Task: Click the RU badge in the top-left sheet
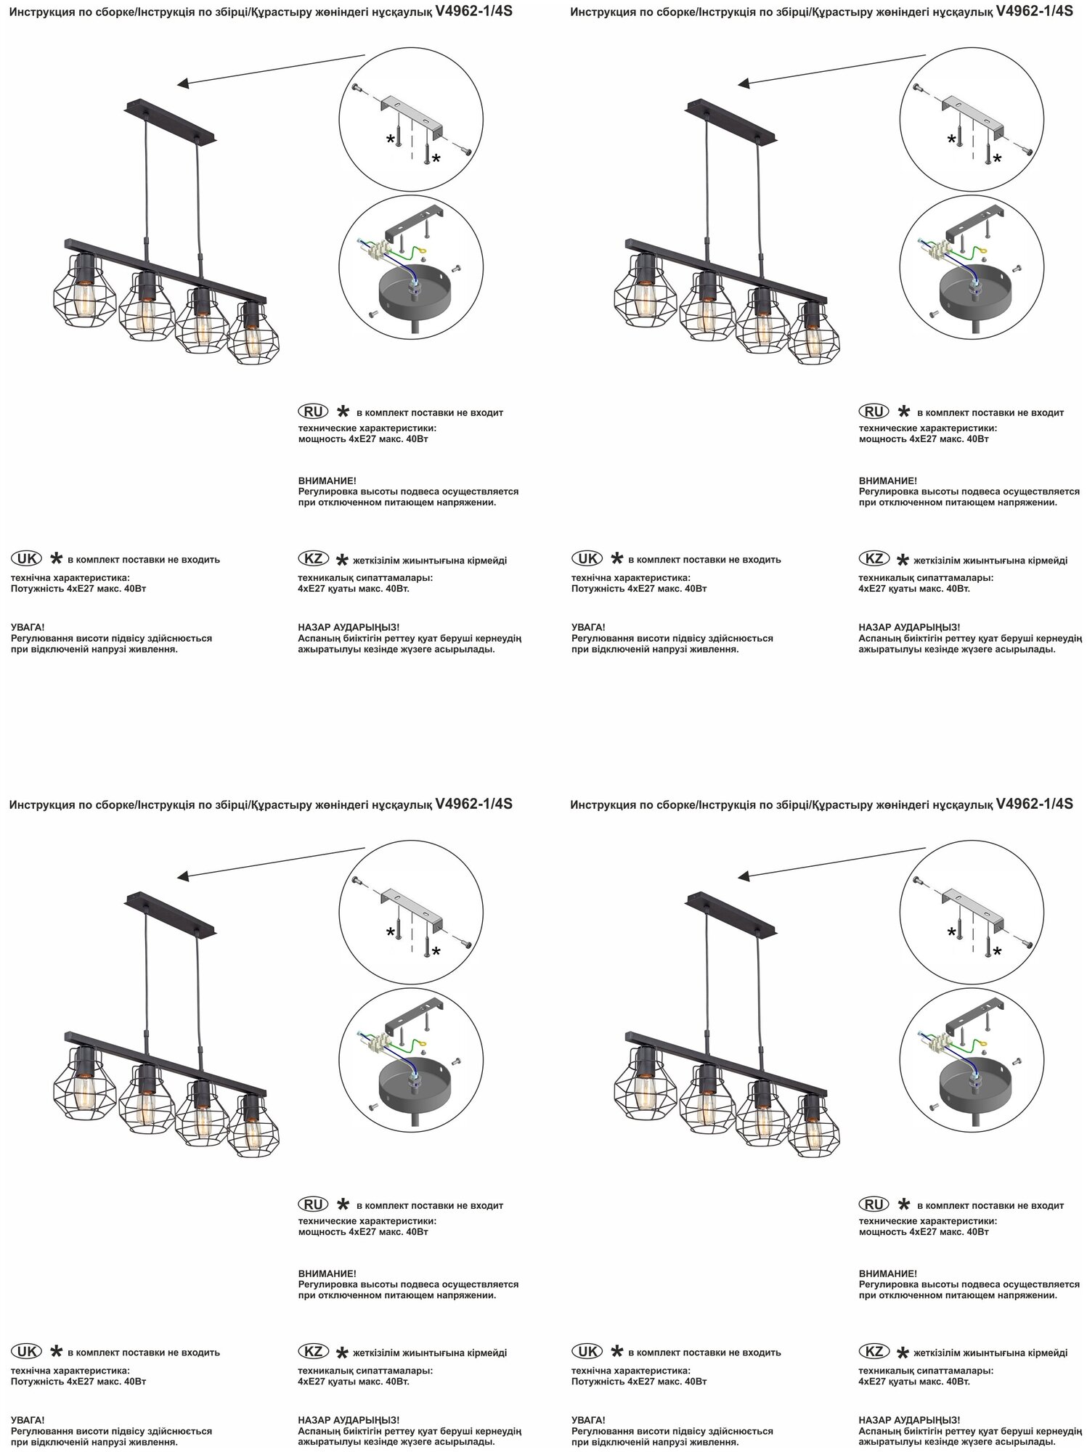[x=313, y=411]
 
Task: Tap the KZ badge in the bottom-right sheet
[x=874, y=1352]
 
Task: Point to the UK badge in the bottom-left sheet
[x=26, y=1352]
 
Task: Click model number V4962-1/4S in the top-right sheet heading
[x=1035, y=12]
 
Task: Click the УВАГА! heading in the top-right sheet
[x=588, y=627]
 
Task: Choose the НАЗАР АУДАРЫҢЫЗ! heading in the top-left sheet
[x=349, y=627]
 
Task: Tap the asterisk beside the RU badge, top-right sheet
[x=903, y=412]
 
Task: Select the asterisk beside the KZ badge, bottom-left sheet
[x=341, y=1353]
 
